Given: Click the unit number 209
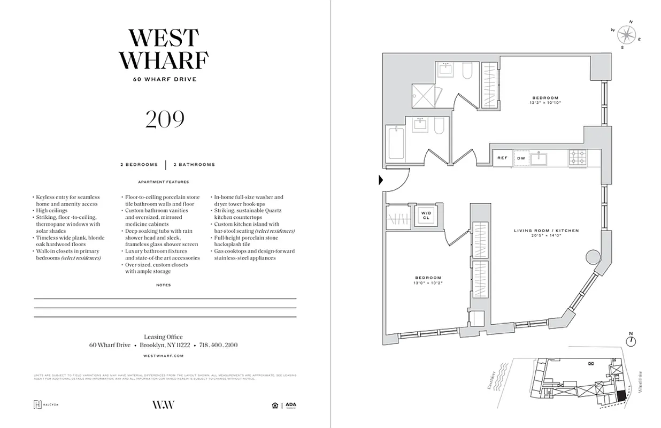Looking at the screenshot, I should coord(165,119).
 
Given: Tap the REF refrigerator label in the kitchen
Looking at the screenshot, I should coord(502,158).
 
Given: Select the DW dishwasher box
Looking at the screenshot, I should coord(521,158).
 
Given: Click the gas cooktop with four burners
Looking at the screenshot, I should coord(578,157).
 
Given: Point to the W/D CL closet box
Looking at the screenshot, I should coord(426,215).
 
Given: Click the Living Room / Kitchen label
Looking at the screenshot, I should coord(546,231).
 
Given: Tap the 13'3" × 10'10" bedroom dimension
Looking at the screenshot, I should coord(545,102).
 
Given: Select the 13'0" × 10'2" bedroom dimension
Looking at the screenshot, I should coord(428,282).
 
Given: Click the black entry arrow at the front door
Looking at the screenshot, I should coord(381,180).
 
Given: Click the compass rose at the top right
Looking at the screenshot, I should coord(626,35).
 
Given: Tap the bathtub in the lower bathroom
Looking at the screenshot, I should coord(396,142).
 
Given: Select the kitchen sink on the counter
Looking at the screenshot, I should coord(542,158).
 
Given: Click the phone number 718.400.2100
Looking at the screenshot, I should coord(218,345).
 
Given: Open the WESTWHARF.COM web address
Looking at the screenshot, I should coord(164,355).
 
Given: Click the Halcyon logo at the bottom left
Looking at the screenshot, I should coord(45,404).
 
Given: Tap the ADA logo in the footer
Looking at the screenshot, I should coord(290,405).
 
